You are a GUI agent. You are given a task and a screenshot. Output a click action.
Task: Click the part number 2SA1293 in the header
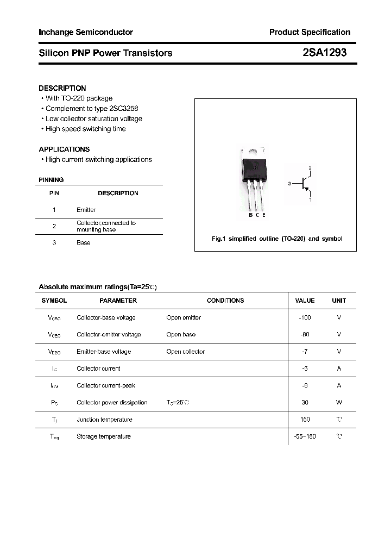click(324, 53)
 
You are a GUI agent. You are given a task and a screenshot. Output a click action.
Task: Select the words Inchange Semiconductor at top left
click(86, 32)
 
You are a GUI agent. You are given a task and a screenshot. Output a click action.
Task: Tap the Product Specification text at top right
click(310, 32)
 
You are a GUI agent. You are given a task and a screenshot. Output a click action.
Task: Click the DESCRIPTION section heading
click(62, 88)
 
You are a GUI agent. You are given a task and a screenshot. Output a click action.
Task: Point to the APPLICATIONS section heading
click(64, 149)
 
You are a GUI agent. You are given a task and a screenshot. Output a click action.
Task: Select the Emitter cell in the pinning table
click(86, 210)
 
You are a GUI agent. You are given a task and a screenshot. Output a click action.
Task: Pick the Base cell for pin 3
click(83, 243)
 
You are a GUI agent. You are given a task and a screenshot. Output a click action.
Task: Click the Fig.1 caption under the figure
click(276, 239)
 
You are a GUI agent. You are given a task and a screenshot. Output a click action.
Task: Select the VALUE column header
click(305, 301)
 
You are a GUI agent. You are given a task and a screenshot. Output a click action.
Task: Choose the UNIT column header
click(339, 301)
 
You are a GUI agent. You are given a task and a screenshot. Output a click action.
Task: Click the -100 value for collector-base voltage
click(305, 317)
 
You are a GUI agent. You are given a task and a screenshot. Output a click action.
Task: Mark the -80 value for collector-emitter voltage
click(305, 335)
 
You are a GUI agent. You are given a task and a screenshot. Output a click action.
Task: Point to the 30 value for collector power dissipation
click(305, 403)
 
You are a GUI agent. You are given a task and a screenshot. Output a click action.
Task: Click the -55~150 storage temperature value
click(305, 436)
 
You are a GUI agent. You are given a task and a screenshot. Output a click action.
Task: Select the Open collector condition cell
click(185, 352)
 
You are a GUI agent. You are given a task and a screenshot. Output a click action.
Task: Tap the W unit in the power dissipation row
click(339, 403)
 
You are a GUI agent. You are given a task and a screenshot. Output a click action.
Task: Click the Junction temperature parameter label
click(104, 420)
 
